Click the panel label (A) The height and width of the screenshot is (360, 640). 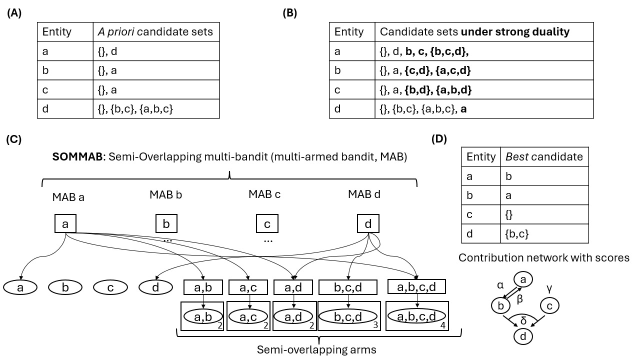(x=14, y=13)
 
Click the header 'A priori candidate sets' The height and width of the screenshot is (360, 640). (x=156, y=32)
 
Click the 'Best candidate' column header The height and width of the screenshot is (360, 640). (x=543, y=156)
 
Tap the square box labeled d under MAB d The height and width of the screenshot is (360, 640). (x=368, y=224)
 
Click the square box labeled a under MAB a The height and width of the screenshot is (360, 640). (x=65, y=224)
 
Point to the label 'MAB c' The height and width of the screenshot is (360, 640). (x=264, y=194)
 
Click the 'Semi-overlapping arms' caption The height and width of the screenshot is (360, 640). (x=316, y=349)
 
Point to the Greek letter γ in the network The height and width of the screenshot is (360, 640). (x=549, y=288)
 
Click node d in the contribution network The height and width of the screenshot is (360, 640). (x=523, y=337)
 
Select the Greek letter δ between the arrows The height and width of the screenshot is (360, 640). (x=523, y=320)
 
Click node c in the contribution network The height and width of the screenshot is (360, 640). (x=549, y=305)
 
